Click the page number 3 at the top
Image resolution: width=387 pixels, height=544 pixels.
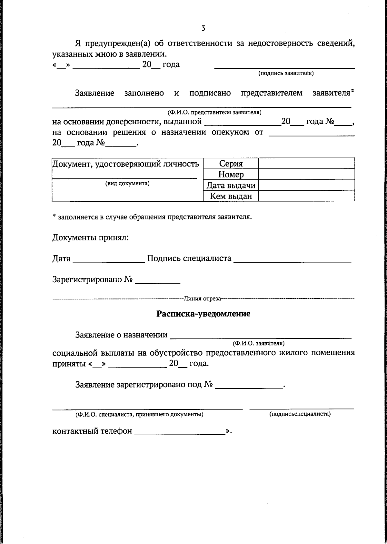pyautogui.click(x=203, y=28)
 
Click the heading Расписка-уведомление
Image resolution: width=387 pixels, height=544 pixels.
pyautogui.click(x=203, y=314)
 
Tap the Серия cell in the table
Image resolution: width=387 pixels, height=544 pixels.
pyautogui.click(x=231, y=164)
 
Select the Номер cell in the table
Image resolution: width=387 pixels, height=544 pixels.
pyautogui.click(x=231, y=175)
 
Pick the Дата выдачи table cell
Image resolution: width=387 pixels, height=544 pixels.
pyautogui.click(x=231, y=186)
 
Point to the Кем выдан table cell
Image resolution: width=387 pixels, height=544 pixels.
pyautogui.click(x=231, y=196)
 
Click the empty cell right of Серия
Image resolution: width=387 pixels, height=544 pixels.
pyautogui.click(x=306, y=163)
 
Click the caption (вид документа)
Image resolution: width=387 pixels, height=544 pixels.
pyautogui.click(x=127, y=184)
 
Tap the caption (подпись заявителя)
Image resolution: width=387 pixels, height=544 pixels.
pyautogui.click(x=286, y=73)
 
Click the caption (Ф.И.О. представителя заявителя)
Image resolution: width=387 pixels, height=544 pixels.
pyautogui.click(x=214, y=113)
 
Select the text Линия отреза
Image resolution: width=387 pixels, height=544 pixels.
pyautogui.click(x=203, y=298)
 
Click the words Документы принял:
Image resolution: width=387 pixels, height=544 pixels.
pyautogui.click(x=90, y=238)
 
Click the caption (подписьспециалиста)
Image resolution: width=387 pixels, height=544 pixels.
pyautogui.click(x=300, y=414)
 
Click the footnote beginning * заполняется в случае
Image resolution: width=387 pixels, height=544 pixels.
pyautogui.click(x=152, y=217)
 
